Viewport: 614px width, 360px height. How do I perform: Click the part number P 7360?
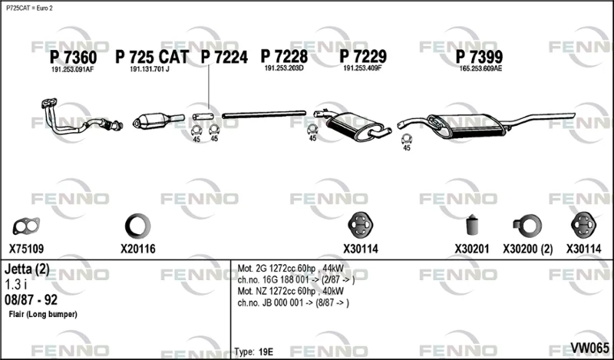coord(73,58)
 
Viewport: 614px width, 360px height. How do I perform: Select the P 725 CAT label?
coord(152,58)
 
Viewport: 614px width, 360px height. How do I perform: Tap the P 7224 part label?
coord(224,58)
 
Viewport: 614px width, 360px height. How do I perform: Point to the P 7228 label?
coord(284,56)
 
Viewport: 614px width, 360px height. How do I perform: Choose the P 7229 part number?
coord(363,56)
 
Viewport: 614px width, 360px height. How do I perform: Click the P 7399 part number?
coord(479,58)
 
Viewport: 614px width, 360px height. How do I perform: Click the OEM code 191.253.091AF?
coord(72,69)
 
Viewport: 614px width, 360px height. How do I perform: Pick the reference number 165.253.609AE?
coord(480,68)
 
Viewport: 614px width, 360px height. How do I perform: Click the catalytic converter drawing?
coord(158,121)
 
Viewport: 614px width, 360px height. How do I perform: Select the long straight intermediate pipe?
coord(264,114)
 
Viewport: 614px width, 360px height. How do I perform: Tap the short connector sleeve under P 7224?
coord(203,117)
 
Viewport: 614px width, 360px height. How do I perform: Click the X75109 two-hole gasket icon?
coord(26,226)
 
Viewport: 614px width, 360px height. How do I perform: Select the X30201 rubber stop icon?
coord(472,225)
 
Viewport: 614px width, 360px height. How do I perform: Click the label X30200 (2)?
coord(527,249)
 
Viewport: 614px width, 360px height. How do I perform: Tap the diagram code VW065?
coord(589,348)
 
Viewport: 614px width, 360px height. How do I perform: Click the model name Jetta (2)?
coord(27,269)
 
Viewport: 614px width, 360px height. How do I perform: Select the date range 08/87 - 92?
coord(31,300)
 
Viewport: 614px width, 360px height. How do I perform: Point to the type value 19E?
coord(266,352)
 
